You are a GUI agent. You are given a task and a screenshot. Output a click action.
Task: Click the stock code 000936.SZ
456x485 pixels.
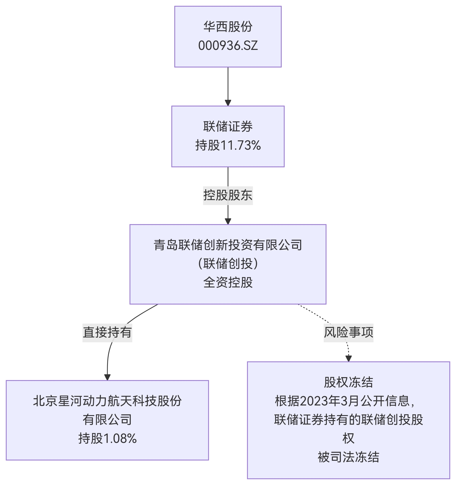click(x=228, y=46)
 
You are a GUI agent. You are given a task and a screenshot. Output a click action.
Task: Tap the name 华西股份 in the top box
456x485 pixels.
click(x=228, y=27)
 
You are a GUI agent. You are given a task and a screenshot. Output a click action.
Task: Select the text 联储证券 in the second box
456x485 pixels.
click(x=228, y=127)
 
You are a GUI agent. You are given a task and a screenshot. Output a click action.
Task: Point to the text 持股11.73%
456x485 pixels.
click(x=228, y=145)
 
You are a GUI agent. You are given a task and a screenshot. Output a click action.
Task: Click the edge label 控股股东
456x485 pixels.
click(x=228, y=195)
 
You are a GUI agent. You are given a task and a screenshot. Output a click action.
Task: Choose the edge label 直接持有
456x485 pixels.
click(x=107, y=332)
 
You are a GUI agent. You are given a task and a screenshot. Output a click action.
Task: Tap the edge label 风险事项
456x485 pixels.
click(x=348, y=332)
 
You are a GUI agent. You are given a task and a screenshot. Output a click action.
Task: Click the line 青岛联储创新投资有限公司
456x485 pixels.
click(x=228, y=245)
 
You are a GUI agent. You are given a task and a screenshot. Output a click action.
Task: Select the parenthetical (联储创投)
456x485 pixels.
click(x=228, y=264)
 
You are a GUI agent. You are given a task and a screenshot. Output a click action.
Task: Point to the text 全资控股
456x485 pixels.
click(x=228, y=283)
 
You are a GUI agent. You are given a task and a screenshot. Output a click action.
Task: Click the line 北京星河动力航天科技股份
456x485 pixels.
click(x=107, y=401)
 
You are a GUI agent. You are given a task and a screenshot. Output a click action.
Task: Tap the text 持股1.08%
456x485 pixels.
click(x=107, y=438)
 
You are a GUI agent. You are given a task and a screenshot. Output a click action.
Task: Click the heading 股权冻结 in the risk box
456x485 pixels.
click(x=348, y=382)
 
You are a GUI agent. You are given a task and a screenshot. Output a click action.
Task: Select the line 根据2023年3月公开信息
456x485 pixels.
click(x=345, y=401)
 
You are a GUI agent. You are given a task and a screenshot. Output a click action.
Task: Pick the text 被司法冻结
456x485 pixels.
click(x=348, y=457)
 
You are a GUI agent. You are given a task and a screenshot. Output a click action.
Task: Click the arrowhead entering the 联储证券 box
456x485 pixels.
click(x=228, y=103)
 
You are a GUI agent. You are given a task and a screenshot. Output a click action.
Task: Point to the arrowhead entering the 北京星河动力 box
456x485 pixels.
click(x=107, y=377)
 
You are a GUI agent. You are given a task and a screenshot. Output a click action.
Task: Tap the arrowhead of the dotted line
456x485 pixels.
click(x=348, y=359)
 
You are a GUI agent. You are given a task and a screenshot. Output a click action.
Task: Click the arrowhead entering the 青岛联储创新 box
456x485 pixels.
click(x=228, y=221)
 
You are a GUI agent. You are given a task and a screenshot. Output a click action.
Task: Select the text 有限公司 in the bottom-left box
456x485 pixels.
click(x=107, y=420)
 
